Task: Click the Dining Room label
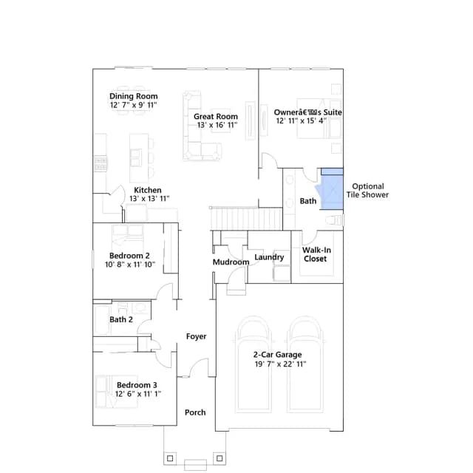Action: point(133,96)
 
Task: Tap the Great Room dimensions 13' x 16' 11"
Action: point(217,125)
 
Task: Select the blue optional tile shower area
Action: point(331,189)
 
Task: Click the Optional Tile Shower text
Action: point(368,191)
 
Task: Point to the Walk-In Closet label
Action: point(316,254)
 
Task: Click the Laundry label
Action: point(269,257)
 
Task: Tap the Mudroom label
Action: point(231,262)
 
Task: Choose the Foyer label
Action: point(196,336)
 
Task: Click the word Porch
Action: point(195,412)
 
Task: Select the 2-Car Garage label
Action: point(278,355)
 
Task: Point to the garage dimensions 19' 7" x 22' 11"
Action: point(280,364)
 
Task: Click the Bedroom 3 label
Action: point(137,385)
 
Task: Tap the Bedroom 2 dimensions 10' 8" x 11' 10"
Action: point(130,265)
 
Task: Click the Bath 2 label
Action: point(121,319)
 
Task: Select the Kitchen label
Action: point(148,190)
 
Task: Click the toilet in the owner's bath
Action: point(334,220)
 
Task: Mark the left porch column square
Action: point(170,458)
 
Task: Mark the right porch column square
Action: point(220,458)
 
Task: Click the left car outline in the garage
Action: point(253,364)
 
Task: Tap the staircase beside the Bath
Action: point(246,219)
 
